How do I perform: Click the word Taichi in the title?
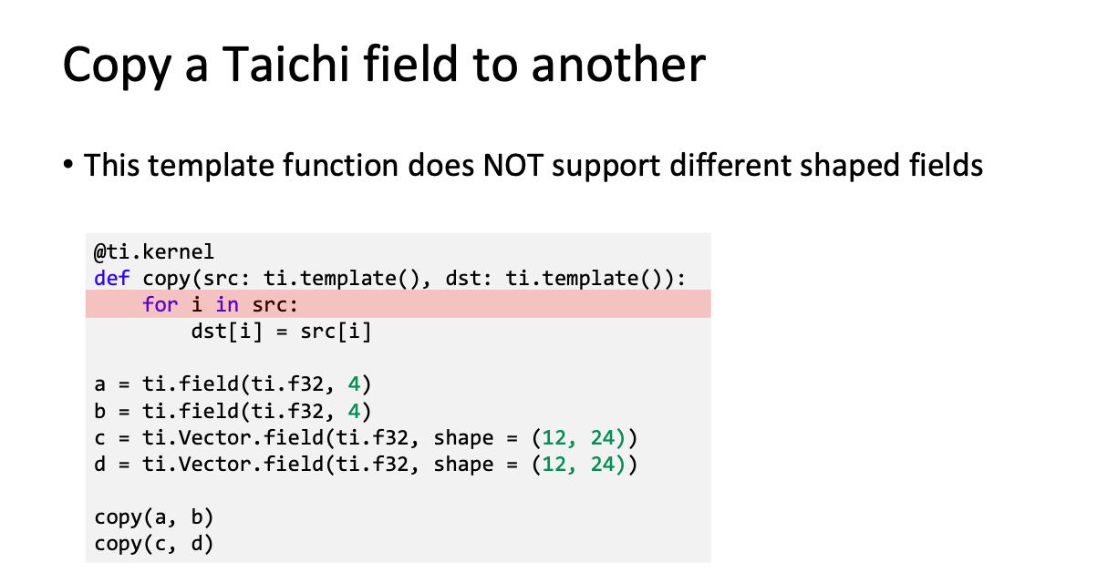[285, 64]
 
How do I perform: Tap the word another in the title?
[618, 64]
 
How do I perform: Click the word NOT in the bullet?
[513, 166]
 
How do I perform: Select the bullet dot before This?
[68, 164]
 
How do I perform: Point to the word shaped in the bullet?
[849, 166]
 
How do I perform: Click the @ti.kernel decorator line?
[154, 251]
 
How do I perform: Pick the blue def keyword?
[112, 278]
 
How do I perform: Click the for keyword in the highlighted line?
[160, 304]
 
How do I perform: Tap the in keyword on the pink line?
[227, 304]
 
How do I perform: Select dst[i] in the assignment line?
[226, 332]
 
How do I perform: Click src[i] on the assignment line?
[336, 332]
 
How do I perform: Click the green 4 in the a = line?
[355, 384]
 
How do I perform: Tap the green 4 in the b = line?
[355, 411]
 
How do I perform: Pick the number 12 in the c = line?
[554, 438]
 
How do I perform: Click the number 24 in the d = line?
[603, 465]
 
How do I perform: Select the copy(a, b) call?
[154, 517]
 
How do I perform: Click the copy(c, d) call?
[154, 544]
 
